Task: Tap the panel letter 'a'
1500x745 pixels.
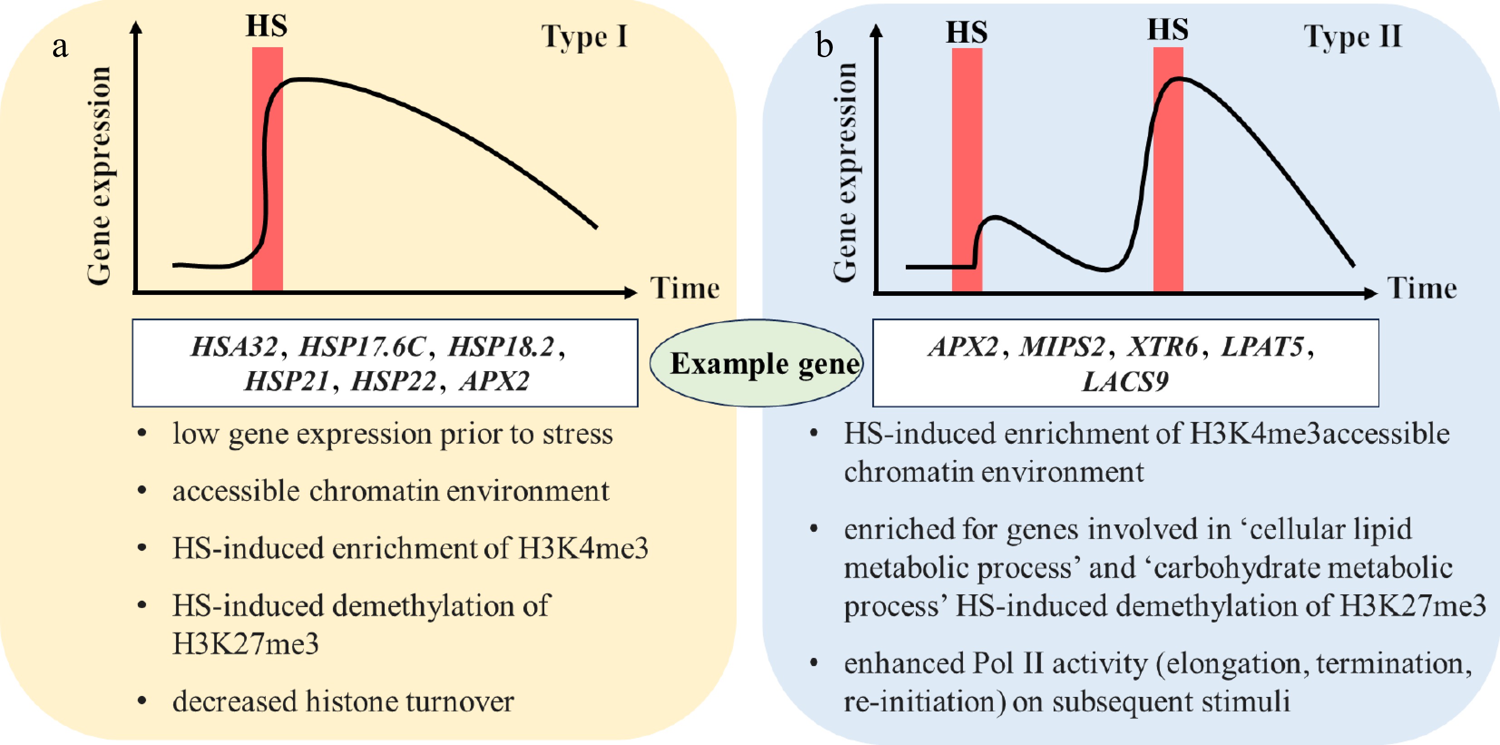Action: [x=60, y=47]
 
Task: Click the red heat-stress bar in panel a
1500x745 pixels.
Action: [x=267, y=169]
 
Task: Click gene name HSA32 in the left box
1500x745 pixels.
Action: [x=234, y=347]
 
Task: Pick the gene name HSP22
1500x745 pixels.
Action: [x=393, y=382]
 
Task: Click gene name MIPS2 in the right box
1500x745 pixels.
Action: [x=1061, y=347]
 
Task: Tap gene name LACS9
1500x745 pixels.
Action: [x=1125, y=382]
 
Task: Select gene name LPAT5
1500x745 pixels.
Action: [x=1262, y=347]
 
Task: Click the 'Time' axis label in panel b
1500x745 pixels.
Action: [x=1422, y=288]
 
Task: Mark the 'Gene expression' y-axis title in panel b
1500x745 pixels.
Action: [x=845, y=172]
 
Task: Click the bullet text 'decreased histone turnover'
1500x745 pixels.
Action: [x=343, y=701]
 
